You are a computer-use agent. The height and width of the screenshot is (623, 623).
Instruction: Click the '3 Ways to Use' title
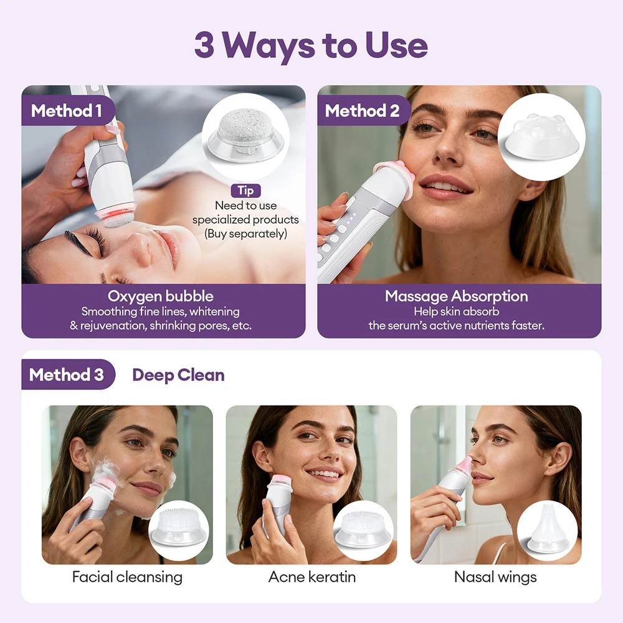coord(311,45)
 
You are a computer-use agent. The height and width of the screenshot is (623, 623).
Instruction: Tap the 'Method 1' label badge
coord(67,111)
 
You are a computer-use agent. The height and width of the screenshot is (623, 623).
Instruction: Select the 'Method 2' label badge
coord(362,111)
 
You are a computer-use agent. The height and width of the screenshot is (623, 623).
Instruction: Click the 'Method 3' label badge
coord(67,374)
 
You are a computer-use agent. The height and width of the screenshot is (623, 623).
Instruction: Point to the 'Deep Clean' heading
coord(178,374)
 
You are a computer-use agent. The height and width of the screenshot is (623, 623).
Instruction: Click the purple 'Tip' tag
coord(245,191)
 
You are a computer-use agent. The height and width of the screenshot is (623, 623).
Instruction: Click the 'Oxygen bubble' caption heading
coord(161,296)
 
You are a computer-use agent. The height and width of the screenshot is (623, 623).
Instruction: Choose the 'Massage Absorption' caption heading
coord(456,296)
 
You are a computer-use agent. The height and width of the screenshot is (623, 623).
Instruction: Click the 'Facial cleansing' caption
coord(127,577)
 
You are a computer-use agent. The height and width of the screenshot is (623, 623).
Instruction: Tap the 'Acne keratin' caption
coord(311,577)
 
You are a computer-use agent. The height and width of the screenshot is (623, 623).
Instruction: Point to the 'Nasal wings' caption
coord(495,577)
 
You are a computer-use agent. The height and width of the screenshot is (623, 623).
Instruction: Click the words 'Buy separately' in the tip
coord(245,234)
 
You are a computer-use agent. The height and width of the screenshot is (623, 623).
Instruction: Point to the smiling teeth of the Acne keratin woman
coord(324,473)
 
